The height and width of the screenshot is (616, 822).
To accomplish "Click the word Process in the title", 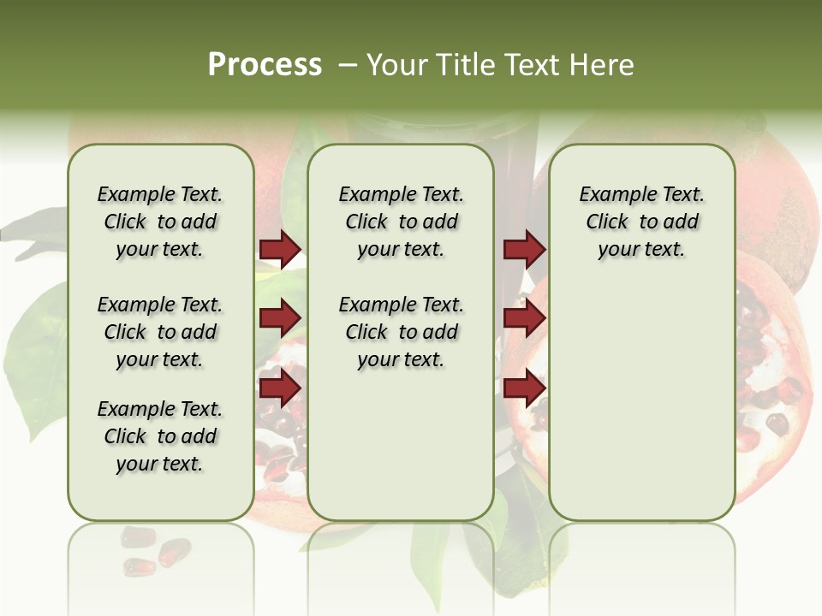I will [265, 64].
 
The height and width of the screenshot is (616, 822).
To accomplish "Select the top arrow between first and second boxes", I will [280, 250].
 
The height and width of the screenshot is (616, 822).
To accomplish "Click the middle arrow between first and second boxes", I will [280, 319].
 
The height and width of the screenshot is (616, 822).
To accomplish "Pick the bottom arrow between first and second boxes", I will [280, 388].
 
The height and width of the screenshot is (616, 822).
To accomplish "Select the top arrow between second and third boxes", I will [524, 250].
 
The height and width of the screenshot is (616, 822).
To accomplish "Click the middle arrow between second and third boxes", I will [524, 319].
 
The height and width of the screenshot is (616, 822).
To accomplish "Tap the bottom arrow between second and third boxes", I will [524, 388].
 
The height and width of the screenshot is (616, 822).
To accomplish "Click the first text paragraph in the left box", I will [160, 222].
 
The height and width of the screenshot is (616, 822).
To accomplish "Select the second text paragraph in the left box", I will [160, 332].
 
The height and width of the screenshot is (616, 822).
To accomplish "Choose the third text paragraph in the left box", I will [160, 436].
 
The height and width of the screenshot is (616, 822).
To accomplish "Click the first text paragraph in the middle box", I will [401, 222].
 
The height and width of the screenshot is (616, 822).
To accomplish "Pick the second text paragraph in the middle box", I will [401, 332].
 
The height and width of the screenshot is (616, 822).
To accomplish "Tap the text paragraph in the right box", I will [641, 222].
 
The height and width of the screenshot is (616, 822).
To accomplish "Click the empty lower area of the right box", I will [641, 402].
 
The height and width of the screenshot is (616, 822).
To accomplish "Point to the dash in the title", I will [348, 65].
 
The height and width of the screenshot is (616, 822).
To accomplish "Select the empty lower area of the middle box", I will [401, 445].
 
